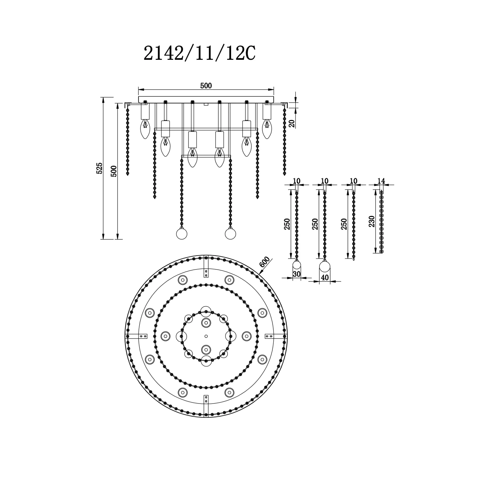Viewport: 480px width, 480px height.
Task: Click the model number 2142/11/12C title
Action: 199,53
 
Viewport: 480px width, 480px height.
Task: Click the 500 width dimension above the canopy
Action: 206,85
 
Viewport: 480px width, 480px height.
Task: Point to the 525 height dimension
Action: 100,168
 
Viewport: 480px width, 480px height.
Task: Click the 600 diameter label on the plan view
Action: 265,262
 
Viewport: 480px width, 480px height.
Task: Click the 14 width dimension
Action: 381,181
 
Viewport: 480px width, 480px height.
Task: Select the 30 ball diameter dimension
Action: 297,274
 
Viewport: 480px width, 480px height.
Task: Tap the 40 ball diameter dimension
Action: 325,278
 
